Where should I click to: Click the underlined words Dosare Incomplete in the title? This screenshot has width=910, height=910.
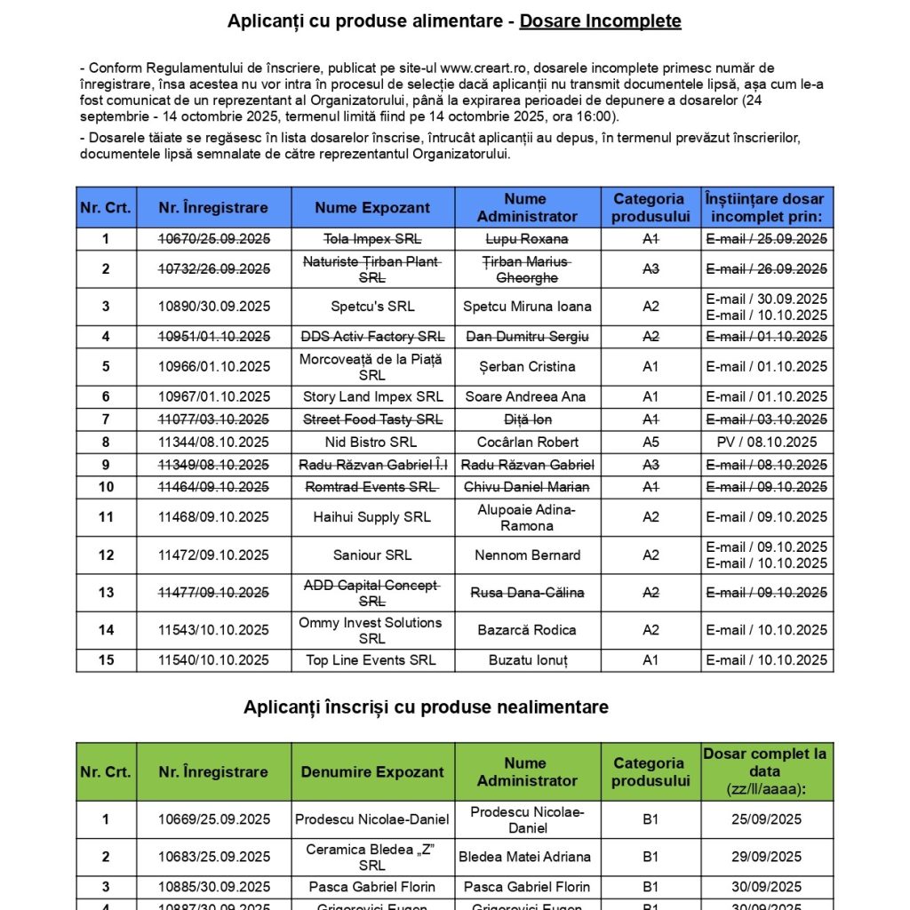(x=600, y=21)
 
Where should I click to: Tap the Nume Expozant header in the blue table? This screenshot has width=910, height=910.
(x=372, y=208)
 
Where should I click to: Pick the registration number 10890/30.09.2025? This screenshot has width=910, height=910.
(x=213, y=307)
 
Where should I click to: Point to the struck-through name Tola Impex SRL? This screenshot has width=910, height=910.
(x=372, y=239)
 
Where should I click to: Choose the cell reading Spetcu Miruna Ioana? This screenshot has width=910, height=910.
(x=527, y=307)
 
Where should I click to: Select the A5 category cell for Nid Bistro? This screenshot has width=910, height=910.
(x=651, y=442)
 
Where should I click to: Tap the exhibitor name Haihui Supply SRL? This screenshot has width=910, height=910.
(x=372, y=517)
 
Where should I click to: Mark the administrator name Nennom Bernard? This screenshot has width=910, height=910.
(x=527, y=555)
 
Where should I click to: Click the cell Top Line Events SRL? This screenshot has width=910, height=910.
(x=372, y=660)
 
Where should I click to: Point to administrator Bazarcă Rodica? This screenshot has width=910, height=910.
(x=527, y=630)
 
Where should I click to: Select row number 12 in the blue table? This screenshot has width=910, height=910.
(x=106, y=555)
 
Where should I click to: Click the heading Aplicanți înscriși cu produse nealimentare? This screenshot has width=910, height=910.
(x=426, y=707)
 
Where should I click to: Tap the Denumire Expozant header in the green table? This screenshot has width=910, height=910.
(x=372, y=772)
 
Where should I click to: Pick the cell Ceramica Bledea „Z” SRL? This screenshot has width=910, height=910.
(x=372, y=857)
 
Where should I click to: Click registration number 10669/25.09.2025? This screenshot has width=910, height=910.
(x=213, y=819)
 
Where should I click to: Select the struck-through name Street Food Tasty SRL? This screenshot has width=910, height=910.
(x=372, y=419)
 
